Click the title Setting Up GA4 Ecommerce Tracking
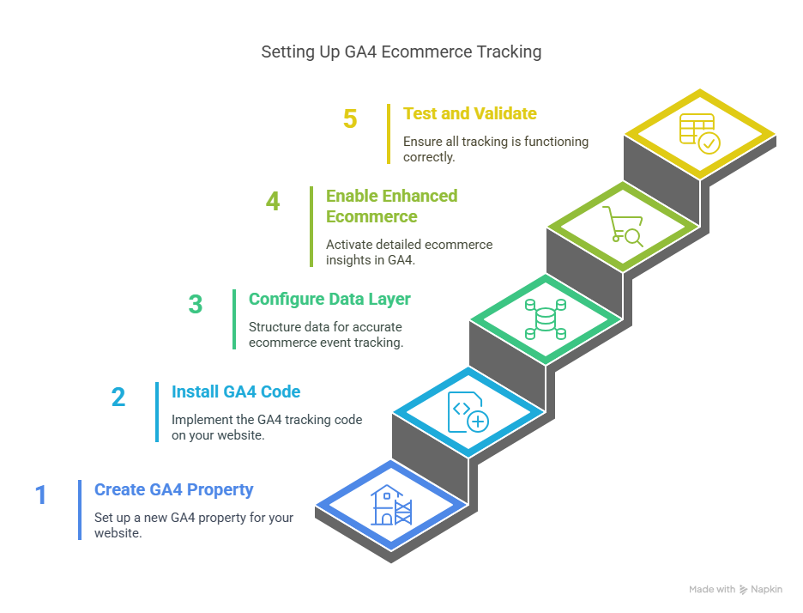click(x=401, y=52)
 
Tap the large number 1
click(x=40, y=495)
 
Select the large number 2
click(x=118, y=397)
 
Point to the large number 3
click(x=196, y=305)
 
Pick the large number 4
click(x=273, y=202)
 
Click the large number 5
click(x=350, y=118)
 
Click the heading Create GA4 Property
click(x=174, y=490)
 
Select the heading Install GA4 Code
click(x=236, y=392)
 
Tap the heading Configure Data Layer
click(x=329, y=300)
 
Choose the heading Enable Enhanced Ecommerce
click(x=391, y=206)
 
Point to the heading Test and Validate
click(x=469, y=113)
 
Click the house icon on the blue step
click(x=389, y=505)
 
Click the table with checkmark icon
click(x=700, y=133)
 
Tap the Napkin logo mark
click(x=743, y=591)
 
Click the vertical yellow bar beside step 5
click(x=389, y=133)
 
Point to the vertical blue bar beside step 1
click(x=80, y=510)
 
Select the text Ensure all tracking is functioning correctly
click(x=496, y=149)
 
